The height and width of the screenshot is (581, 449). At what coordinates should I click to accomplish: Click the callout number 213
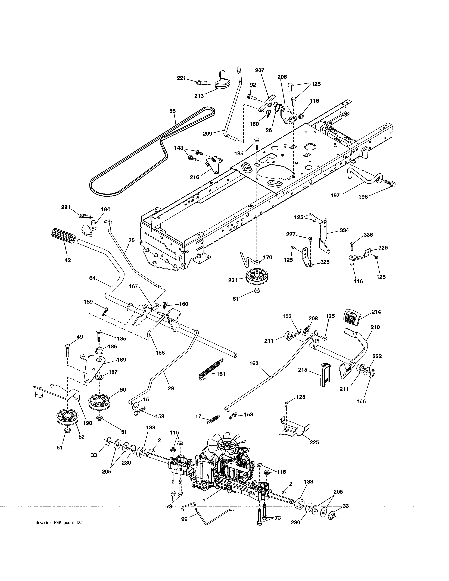[x=199, y=96]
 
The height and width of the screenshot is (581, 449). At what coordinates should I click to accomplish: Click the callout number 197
[x=335, y=196]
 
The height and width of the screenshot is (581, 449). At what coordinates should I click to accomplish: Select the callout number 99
[x=184, y=519]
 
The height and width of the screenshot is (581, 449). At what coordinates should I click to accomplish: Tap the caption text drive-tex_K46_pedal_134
[x=59, y=523]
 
